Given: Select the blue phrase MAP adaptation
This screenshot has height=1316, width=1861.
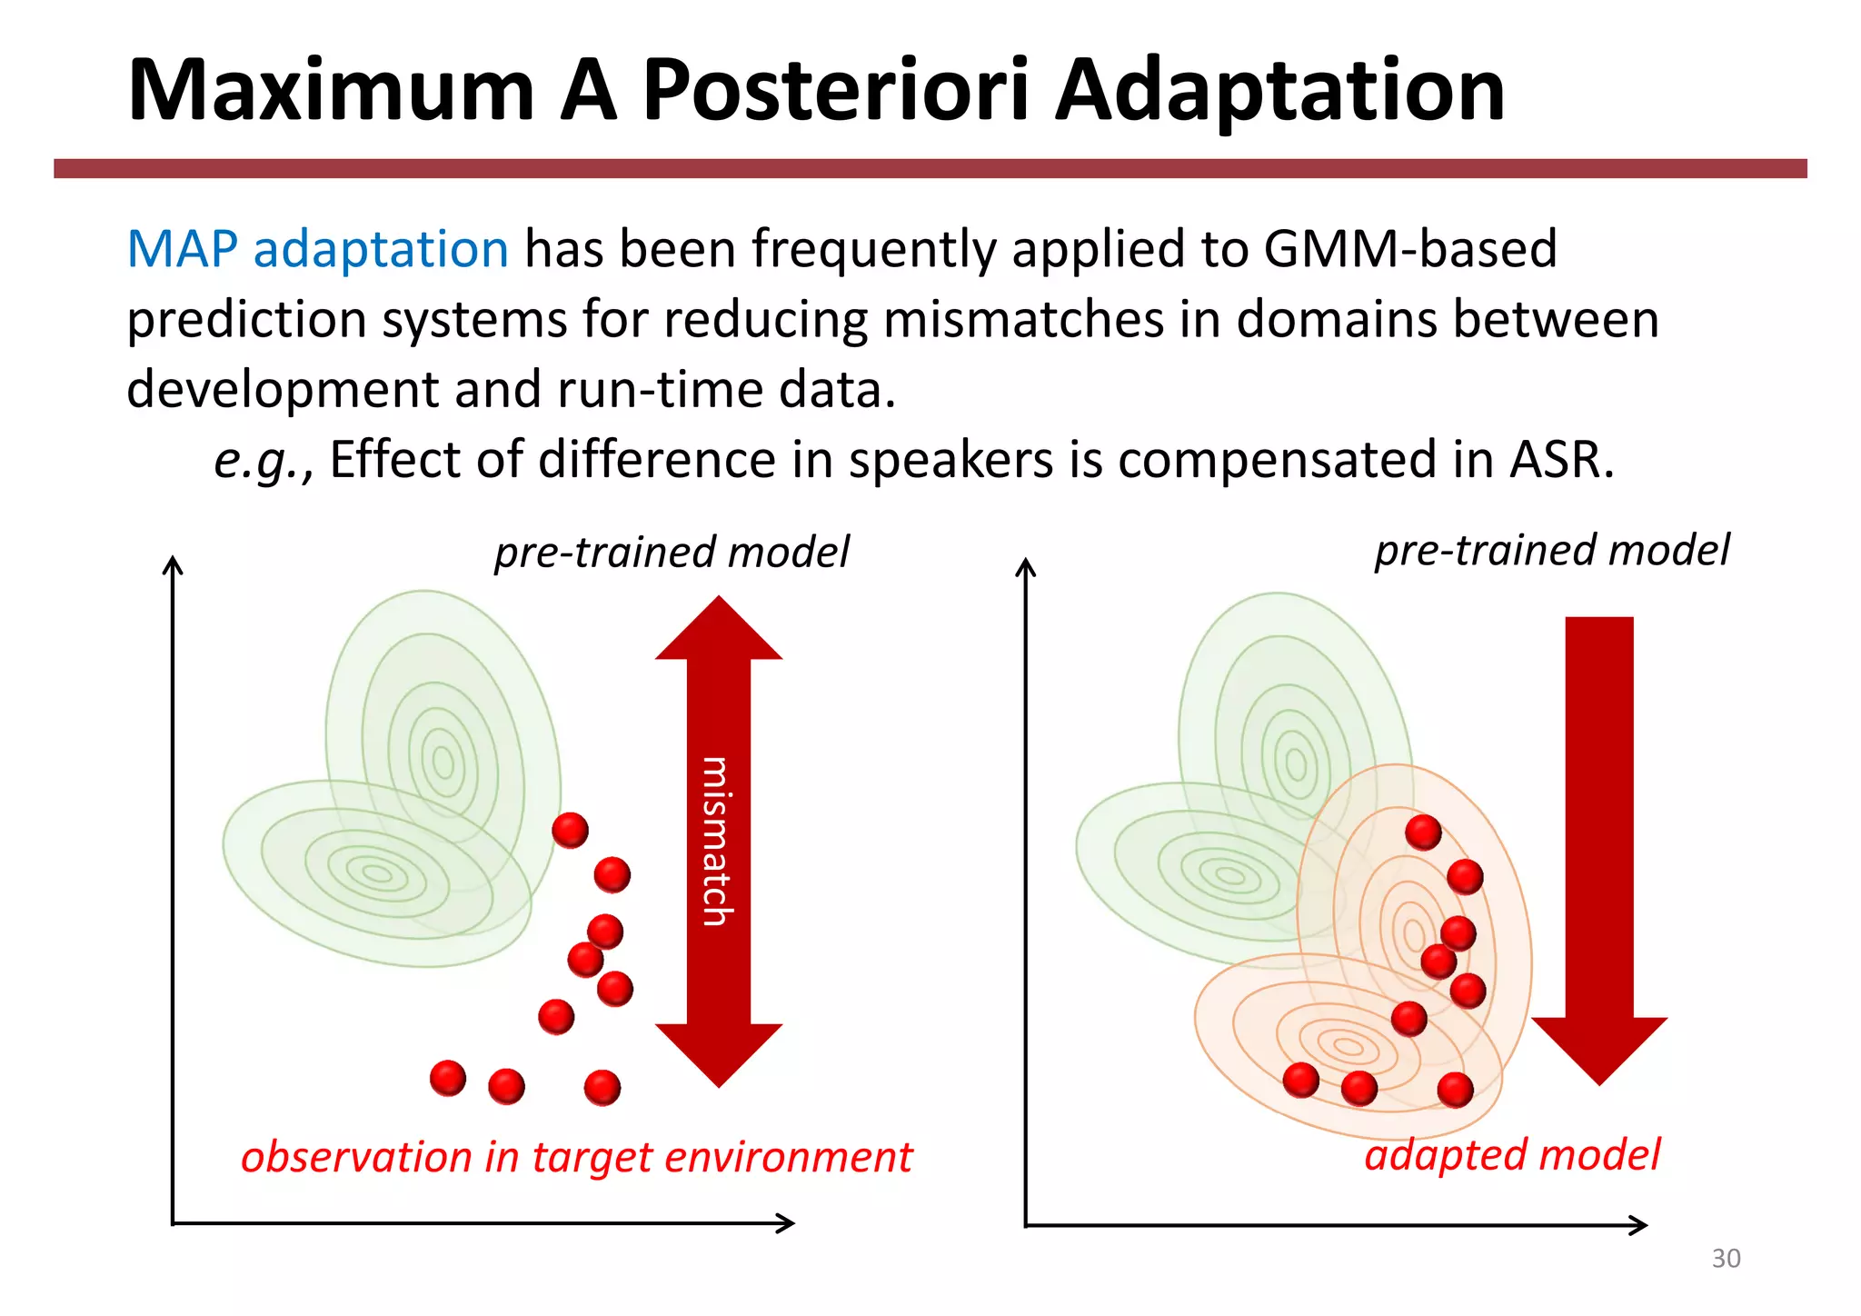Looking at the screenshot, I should tap(317, 249).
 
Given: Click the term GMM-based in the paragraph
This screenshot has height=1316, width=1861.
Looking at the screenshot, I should tap(1409, 249).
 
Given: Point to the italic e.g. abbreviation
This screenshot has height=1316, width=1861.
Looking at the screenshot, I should tap(259, 460).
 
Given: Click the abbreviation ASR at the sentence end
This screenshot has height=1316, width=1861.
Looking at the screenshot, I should tap(1559, 460).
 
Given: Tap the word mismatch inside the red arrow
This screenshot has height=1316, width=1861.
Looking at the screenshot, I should tap(717, 841).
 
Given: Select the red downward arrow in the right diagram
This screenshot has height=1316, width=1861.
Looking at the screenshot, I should tap(1599, 845).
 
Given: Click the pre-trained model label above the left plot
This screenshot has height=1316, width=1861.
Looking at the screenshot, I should tap(672, 553).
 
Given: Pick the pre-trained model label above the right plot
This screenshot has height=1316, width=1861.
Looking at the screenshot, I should tap(1552, 551).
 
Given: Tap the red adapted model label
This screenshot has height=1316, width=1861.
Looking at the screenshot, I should tap(1512, 1155).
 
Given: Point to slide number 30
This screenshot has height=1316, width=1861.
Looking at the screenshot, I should tap(1726, 1259).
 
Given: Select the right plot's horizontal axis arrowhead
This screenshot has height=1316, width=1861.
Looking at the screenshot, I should tap(1641, 1225).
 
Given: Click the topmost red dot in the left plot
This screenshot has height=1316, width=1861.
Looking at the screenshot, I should tap(571, 830).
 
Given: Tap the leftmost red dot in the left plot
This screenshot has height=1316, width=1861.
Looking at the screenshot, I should tap(448, 1079).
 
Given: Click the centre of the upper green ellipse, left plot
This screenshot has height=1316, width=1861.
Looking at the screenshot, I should tap(443, 762).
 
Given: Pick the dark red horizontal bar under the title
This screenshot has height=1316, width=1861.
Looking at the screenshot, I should tap(930, 168).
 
